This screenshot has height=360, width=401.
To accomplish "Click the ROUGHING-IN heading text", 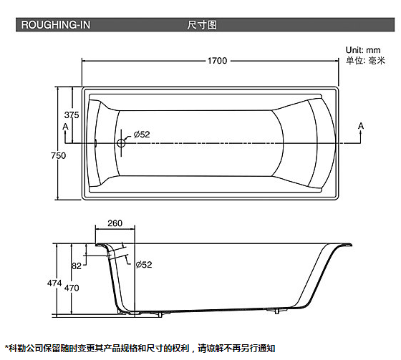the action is tap(56, 25).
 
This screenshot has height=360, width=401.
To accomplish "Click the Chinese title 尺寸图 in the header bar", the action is tap(202, 25).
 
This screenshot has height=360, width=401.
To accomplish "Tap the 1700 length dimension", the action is tap(217, 61).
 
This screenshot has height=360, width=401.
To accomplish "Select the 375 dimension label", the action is tap(72, 115).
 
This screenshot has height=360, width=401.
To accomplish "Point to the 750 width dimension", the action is tap(58, 155).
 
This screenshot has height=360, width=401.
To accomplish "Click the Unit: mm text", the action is tap(363, 50).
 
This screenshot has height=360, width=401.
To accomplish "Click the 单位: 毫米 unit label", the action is tap(365, 61).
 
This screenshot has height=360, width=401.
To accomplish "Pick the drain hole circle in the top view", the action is tap(121, 143).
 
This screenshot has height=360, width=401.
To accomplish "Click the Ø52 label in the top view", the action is tap(142, 135).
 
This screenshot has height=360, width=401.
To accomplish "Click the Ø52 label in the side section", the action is tap(144, 264).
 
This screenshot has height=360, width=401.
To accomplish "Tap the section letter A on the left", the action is tap(65, 127).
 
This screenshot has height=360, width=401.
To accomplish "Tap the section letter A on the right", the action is tap(361, 126).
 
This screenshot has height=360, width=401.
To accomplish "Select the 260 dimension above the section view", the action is tap(115, 223).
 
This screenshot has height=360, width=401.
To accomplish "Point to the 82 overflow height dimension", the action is tap(76, 266).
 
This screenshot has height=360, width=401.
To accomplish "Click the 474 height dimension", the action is tap(54, 283).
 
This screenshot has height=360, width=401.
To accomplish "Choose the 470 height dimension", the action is tap(72, 288).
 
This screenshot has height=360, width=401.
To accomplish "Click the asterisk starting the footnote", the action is tap(7, 347).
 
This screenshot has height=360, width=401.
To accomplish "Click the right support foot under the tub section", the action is tap(276, 311).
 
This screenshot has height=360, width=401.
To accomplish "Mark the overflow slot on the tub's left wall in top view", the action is tap(95, 143).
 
